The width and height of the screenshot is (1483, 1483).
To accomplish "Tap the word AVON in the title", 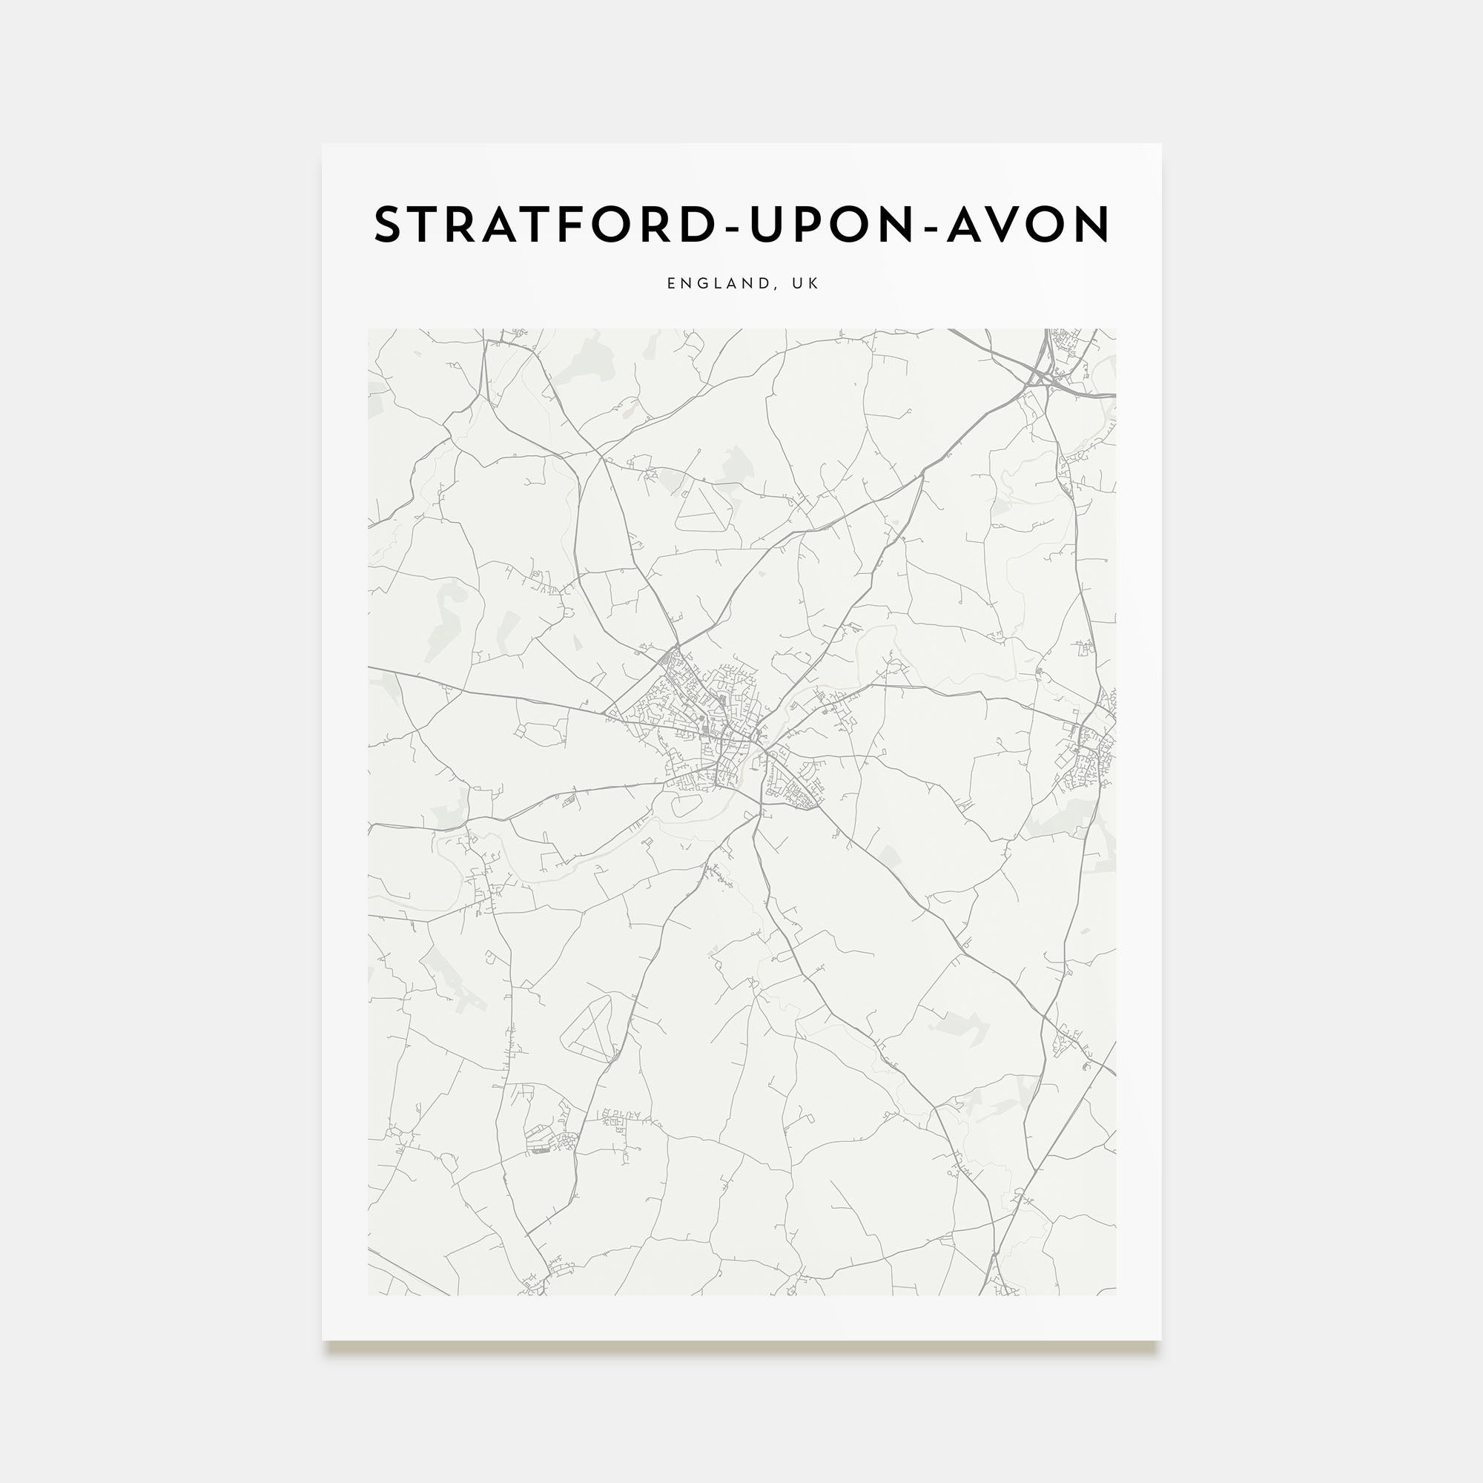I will pyautogui.click(x=1028, y=225).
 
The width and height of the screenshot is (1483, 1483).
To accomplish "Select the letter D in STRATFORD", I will pyautogui.click(x=697, y=225).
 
